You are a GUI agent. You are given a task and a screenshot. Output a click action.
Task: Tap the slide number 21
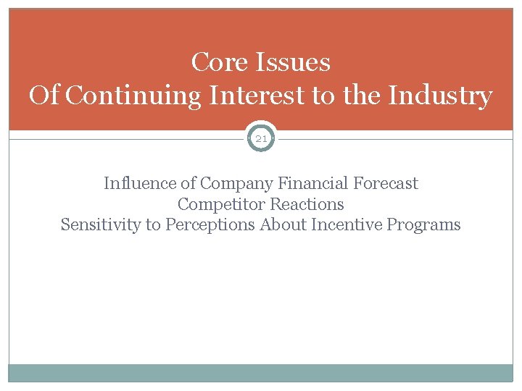[261, 138]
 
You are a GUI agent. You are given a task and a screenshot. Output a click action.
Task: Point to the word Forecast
[385, 183]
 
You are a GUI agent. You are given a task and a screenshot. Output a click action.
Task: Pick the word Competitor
[221, 204]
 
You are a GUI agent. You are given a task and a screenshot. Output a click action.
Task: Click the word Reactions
[307, 204]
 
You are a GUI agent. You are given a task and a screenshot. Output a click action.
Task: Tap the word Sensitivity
[101, 225]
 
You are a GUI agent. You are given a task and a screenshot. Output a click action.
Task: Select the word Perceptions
[210, 225]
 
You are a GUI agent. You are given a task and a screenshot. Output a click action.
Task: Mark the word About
[283, 224]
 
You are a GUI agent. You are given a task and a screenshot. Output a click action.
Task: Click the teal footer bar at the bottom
[261, 373]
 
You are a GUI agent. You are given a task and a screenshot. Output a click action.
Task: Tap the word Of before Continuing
[44, 96]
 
